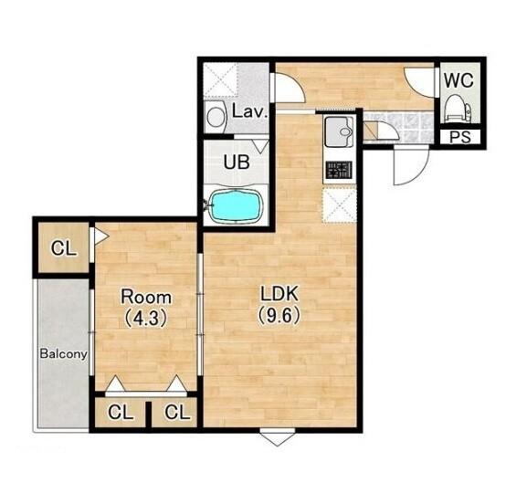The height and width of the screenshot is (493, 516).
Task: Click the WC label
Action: click(x=458, y=80)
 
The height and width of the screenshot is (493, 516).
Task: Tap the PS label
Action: click(x=460, y=137)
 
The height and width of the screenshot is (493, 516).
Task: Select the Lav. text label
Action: click(x=249, y=111)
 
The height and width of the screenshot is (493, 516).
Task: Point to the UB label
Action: click(x=237, y=162)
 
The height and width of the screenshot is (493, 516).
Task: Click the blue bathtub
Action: click(x=237, y=206)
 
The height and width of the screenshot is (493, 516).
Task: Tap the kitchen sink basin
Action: click(x=339, y=131)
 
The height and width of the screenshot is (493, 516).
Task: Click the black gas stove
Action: click(x=339, y=170)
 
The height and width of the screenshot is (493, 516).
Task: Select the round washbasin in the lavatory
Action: click(x=216, y=117)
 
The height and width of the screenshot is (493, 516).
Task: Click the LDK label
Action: click(x=279, y=294)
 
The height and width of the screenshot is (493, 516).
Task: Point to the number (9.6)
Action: click(x=279, y=316)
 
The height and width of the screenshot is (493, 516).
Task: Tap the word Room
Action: click(x=146, y=297)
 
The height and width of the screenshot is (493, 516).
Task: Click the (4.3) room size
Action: click(x=146, y=319)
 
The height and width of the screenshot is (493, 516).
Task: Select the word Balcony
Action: click(x=64, y=354)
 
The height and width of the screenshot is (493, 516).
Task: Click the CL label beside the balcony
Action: click(x=64, y=248)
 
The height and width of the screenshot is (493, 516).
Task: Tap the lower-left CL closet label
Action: click(x=121, y=412)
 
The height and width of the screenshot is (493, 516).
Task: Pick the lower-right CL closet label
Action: click(x=178, y=412)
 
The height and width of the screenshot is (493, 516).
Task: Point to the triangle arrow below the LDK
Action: click(x=278, y=439)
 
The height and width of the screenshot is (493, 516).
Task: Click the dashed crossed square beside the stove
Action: click(x=340, y=205)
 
